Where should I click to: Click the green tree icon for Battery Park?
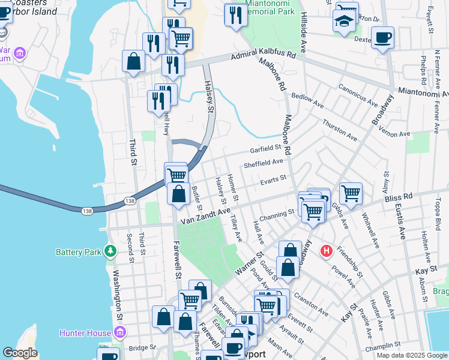(x=110, y=251)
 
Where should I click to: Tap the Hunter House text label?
(x=85, y=333)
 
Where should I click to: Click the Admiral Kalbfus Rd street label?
(x=264, y=56)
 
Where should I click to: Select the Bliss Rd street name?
(x=400, y=196)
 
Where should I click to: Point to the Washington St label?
(x=118, y=294)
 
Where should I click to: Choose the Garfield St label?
(x=266, y=148)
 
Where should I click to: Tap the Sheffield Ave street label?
(x=263, y=163)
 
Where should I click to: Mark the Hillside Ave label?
(x=304, y=33)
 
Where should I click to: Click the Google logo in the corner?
(x=20, y=353)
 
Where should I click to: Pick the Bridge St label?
(x=142, y=347)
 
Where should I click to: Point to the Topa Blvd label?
(x=438, y=213)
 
